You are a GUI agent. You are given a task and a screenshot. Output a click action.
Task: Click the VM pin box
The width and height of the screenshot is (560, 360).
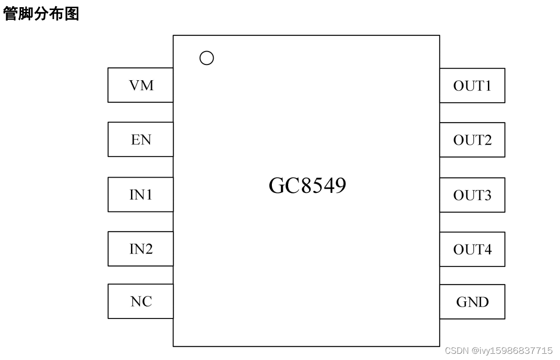(x=140, y=85)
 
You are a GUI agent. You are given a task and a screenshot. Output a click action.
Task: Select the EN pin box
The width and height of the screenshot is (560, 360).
(x=140, y=139)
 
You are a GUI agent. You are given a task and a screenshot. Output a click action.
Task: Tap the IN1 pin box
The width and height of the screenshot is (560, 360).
(x=140, y=194)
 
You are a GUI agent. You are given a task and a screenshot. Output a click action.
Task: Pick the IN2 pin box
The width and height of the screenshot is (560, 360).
(x=140, y=249)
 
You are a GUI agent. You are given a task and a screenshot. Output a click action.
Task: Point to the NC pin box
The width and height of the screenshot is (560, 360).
(x=140, y=301)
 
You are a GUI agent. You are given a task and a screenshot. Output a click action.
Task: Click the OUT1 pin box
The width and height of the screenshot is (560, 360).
(x=472, y=85)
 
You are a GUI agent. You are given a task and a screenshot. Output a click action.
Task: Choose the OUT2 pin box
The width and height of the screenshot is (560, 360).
(x=472, y=140)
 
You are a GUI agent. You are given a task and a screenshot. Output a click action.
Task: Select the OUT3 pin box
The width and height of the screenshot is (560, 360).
(x=472, y=195)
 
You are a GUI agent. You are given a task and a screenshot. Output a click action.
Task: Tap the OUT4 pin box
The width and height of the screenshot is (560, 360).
(x=472, y=249)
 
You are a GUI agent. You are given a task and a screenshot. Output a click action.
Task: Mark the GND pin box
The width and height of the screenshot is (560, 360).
(x=472, y=302)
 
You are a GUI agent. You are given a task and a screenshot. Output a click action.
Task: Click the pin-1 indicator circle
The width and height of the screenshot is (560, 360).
(x=206, y=58)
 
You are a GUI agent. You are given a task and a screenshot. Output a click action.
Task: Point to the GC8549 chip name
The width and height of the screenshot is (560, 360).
(x=307, y=186)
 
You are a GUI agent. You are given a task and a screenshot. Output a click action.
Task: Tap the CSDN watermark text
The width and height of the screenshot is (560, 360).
(x=498, y=350)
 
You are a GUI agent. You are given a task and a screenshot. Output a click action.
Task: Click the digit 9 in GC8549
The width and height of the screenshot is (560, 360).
(x=340, y=186)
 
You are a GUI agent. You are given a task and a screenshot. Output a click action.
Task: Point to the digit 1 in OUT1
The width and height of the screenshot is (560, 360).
(x=487, y=85)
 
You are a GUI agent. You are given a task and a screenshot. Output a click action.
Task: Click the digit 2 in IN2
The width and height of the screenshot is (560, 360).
(x=148, y=249)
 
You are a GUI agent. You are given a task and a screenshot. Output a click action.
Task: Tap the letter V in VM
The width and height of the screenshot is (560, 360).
(x=134, y=85)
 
